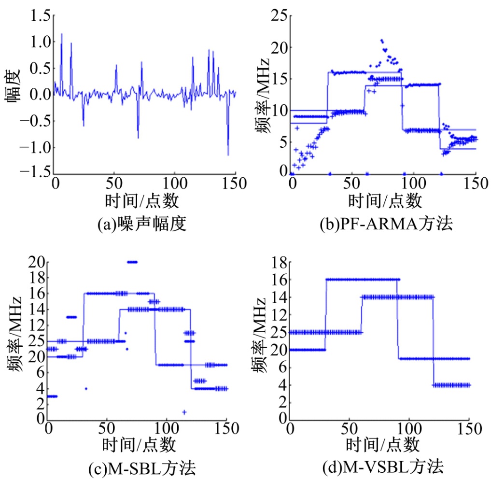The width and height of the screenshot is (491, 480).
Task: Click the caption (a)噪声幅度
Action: [141, 224]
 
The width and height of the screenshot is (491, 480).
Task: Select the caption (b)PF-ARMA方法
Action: [386, 224]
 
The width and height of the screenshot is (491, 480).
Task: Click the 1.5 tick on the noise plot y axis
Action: [40, 16]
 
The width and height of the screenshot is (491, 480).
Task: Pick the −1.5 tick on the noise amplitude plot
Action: [34, 173]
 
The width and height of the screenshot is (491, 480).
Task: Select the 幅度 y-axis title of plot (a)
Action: [13, 86]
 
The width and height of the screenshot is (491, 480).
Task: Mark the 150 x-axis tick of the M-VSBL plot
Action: [470, 429]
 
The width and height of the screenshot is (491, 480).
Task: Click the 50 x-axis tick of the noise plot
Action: [114, 184]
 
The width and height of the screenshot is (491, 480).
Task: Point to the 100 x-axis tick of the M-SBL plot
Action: [167, 429]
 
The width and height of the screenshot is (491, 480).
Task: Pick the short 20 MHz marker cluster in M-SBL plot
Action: [132, 262]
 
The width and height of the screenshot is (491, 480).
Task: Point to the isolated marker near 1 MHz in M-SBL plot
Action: [184, 411]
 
